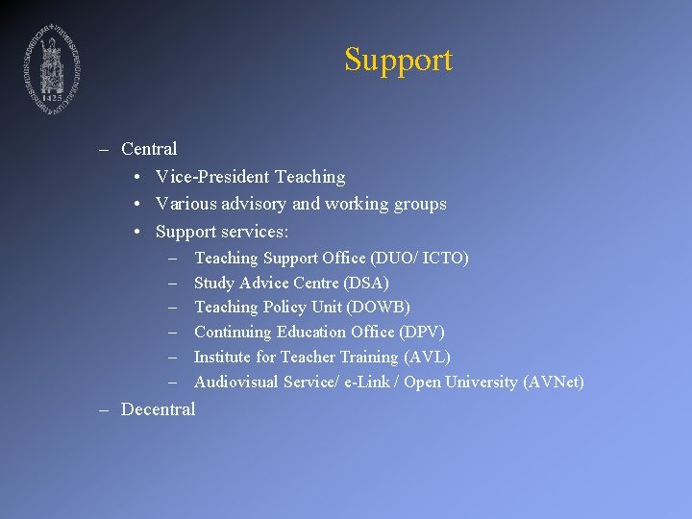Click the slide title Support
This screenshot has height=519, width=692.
pos(398,60)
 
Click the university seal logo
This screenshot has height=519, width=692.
pos(51,65)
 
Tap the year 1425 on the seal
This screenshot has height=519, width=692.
pos(51,98)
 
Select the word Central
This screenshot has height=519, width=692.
pos(149,149)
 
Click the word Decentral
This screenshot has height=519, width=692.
pos(158,409)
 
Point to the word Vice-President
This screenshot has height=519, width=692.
pos(211,177)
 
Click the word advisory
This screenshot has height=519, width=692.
pos(254,204)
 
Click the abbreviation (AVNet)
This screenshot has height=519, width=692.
pos(553,383)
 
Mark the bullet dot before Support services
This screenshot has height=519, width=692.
pos(139,232)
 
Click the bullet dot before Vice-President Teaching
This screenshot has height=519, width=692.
pos(139,177)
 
